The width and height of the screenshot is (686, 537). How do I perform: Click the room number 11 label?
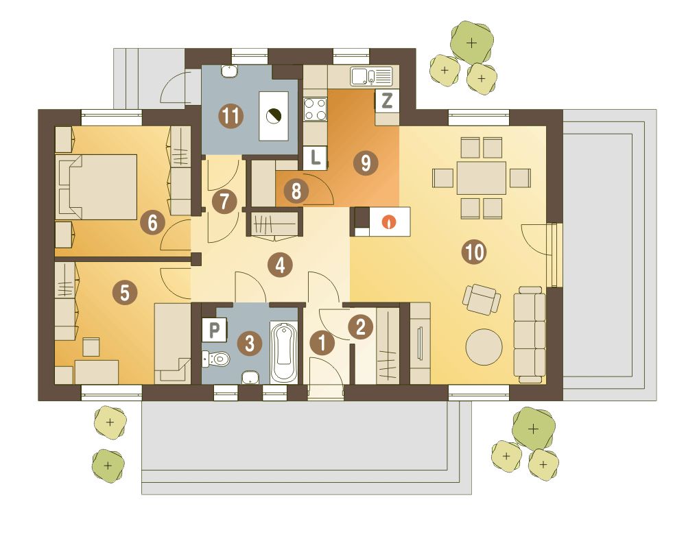(231, 117)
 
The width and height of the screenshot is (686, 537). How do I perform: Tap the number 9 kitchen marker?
(366, 163)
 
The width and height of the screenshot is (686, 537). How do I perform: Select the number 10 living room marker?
(475, 252)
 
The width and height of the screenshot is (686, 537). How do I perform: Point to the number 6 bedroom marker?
(152, 222)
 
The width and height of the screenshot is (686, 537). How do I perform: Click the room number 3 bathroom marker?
(250, 343)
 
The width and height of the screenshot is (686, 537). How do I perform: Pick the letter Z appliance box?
(387, 101)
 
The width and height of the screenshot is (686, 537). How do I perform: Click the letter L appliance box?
(315, 158)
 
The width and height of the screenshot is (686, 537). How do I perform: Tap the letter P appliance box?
(214, 330)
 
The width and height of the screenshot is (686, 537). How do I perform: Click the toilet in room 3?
(217, 359)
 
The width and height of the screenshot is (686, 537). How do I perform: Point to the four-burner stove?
(316, 109)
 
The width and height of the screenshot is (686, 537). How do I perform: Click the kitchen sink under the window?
(371, 76)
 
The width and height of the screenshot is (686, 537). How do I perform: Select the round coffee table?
(484, 346)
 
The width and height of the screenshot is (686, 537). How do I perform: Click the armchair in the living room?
(482, 299)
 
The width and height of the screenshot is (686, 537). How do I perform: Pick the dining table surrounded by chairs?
(482, 178)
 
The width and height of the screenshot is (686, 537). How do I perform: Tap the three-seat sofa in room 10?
(530, 335)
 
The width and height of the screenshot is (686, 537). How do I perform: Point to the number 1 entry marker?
(322, 342)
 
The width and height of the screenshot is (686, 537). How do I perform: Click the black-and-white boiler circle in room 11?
(274, 115)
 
